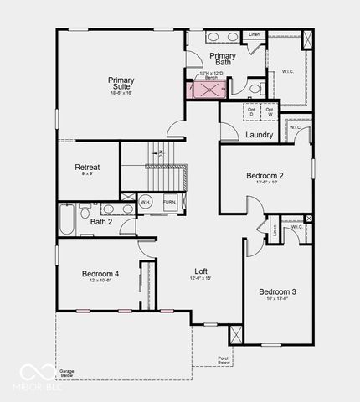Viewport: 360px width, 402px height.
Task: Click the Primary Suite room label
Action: (x=121, y=84)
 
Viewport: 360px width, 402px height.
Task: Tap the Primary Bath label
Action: (x=223, y=59)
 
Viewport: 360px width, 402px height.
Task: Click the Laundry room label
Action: (x=260, y=135)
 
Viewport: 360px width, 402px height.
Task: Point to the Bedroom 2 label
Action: (x=265, y=176)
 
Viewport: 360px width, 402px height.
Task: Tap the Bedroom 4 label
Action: (x=100, y=274)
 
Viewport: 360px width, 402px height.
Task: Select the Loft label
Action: (x=202, y=271)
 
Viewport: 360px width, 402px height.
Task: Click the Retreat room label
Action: (x=87, y=167)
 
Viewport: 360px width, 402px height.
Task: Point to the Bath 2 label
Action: (x=100, y=222)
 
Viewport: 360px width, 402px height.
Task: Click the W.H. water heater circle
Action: (x=145, y=203)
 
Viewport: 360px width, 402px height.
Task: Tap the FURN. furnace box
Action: (x=169, y=203)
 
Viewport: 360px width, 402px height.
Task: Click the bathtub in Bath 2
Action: (x=67, y=219)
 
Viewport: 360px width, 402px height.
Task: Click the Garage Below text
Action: (x=67, y=373)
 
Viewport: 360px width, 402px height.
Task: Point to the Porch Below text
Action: (x=224, y=361)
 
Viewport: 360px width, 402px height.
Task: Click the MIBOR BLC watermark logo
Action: (x=36, y=376)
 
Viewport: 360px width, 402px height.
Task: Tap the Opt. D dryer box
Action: (x=251, y=111)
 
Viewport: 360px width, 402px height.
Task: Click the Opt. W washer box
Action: (x=270, y=111)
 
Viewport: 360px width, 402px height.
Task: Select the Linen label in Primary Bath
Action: (x=255, y=34)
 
